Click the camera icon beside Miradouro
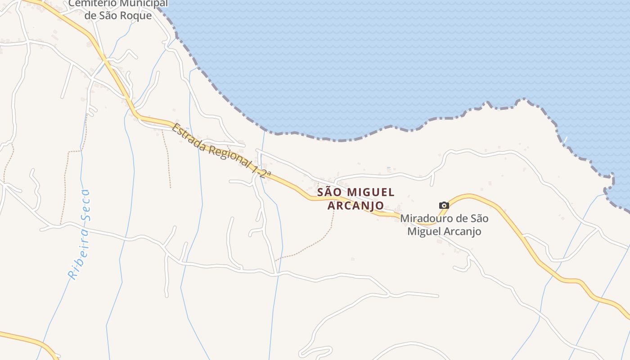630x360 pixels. (444, 206)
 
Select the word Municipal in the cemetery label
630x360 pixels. (144, 4)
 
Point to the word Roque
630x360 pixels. (137, 16)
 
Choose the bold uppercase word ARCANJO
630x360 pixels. (355, 206)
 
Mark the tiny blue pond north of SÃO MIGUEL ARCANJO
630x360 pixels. (389, 170)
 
